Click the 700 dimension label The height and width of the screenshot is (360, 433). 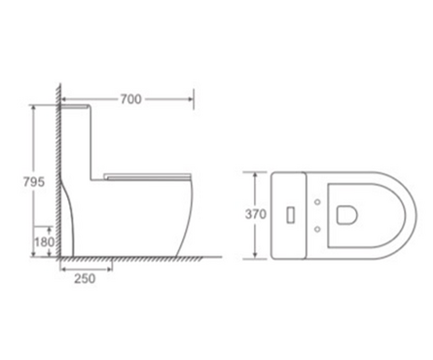(131, 99)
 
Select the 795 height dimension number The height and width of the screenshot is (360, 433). (34, 182)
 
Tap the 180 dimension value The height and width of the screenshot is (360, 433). (45, 242)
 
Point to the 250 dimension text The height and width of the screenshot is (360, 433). (85, 278)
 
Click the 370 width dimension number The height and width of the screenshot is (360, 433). (256, 214)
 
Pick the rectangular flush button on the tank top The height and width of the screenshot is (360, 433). (291, 215)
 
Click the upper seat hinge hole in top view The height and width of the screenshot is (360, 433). (318, 202)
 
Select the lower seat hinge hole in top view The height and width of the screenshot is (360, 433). (318, 230)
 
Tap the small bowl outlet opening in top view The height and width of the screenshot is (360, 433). (347, 215)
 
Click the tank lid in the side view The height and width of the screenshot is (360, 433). (75, 106)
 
